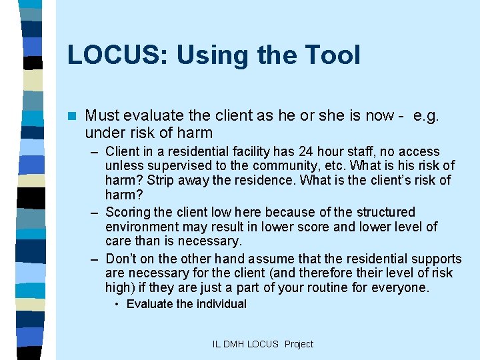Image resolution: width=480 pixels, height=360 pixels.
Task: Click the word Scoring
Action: (129, 213)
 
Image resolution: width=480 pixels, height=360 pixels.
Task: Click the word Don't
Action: (120, 259)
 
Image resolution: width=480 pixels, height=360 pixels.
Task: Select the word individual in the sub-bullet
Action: (221, 304)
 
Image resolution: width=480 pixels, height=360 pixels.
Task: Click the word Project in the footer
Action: (299, 344)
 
